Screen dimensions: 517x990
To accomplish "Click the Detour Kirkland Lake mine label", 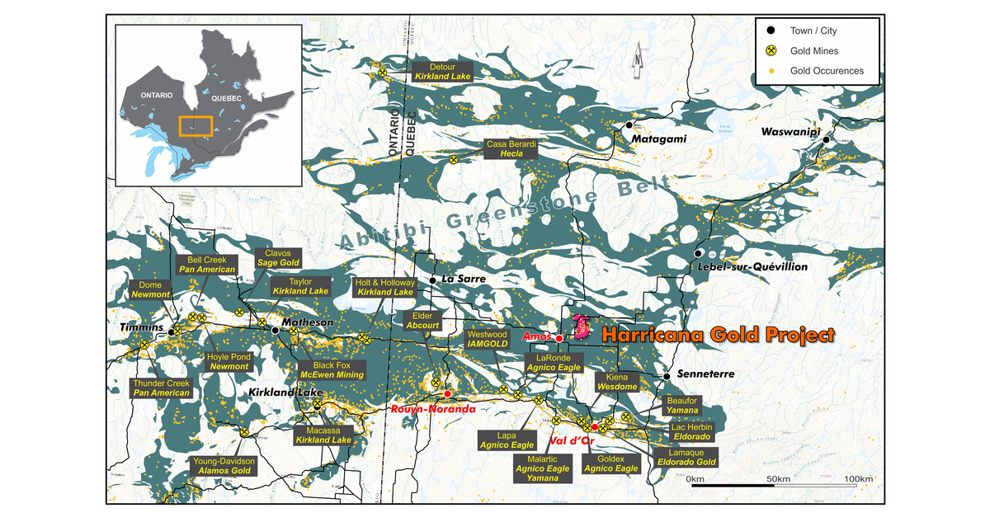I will pyautogui.click(x=442, y=70).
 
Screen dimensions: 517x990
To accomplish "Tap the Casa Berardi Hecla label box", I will pyautogui.click(x=511, y=148).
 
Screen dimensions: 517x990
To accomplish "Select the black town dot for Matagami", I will pyautogui.click(x=629, y=125).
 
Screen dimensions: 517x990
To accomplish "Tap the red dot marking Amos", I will pyautogui.click(x=559, y=339).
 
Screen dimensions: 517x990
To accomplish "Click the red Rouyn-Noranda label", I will pyautogui.click(x=433, y=409).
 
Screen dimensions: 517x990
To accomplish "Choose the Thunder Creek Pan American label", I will pyautogui.click(x=162, y=388).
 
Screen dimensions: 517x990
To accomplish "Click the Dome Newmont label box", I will pyautogui.click(x=150, y=289).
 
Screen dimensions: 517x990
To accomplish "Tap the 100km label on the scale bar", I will pyautogui.click(x=859, y=479).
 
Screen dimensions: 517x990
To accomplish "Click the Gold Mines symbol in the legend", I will pyautogui.click(x=771, y=51).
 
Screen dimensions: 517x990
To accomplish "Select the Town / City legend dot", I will pyautogui.click(x=771, y=31).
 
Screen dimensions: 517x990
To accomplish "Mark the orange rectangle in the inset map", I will pyautogui.click(x=196, y=125).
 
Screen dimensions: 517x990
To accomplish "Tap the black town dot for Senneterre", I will pyautogui.click(x=666, y=376).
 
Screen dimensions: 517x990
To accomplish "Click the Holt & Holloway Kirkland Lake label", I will pyautogui.click(x=384, y=287).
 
